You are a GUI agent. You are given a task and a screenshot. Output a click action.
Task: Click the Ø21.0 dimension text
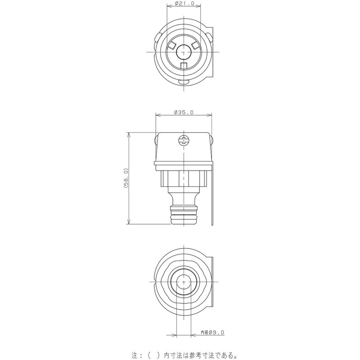(183, 4)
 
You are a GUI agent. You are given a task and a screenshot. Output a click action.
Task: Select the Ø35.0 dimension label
(183, 113)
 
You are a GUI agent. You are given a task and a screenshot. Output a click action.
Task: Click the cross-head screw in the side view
(184, 140)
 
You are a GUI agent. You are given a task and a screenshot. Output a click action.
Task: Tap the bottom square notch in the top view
(183, 66)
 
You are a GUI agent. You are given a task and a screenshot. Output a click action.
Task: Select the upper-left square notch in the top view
(171, 45)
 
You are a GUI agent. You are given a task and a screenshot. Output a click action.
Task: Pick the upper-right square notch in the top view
(195, 45)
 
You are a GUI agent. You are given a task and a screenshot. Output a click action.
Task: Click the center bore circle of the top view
(183, 52)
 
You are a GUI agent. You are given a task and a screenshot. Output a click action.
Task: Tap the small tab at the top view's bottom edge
(183, 82)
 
